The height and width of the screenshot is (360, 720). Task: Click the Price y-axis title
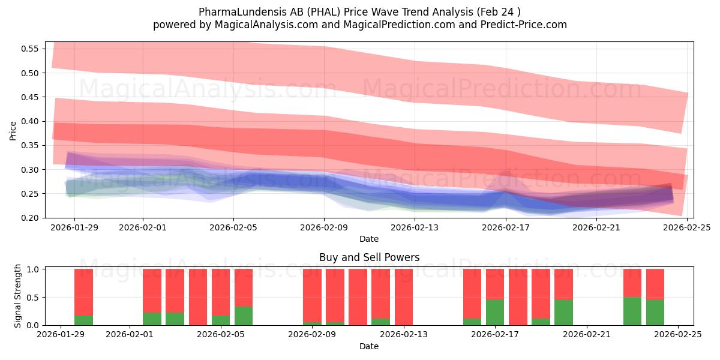pyautogui.click(x=13, y=130)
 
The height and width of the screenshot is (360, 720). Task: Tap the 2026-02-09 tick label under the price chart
pyautogui.click(x=324, y=228)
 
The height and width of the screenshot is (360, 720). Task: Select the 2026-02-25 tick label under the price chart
pyautogui.click(x=687, y=228)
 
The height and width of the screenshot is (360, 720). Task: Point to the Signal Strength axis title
pyautogui.click(x=18, y=296)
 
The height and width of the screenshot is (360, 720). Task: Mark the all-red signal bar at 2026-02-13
pyautogui.click(x=404, y=297)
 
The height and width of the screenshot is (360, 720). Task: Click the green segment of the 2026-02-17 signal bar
pyautogui.click(x=495, y=313)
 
